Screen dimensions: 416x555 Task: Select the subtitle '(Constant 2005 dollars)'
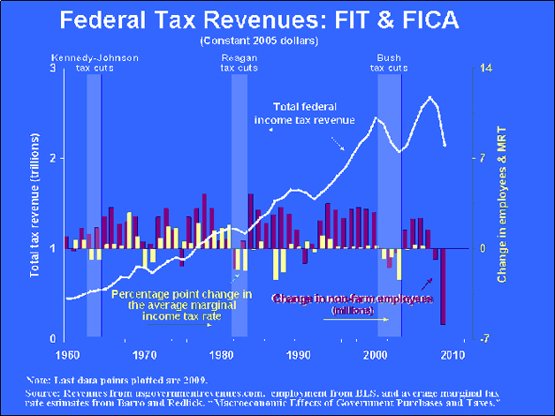(x=277, y=41)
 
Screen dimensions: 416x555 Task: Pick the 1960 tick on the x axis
(x=65, y=354)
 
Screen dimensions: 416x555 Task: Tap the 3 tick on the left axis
(x=52, y=69)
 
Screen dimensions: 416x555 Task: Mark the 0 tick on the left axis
(x=52, y=339)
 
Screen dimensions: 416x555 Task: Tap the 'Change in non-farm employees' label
(x=352, y=301)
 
